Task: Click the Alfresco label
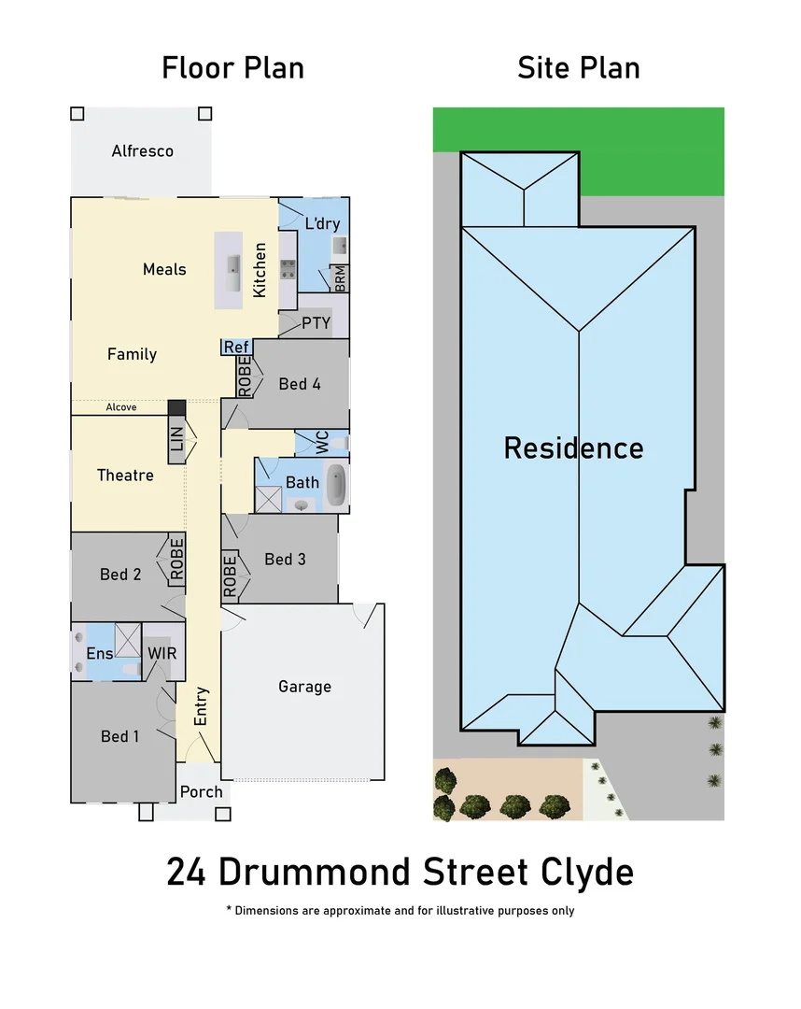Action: point(142,151)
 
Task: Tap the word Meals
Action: point(164,269)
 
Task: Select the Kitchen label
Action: point(260,270)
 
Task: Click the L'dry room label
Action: point(322,223)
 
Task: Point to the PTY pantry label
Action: point(316,323)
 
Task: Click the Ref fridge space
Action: point(236,348)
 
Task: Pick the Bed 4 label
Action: point(300,384)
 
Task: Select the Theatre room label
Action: point(125,476)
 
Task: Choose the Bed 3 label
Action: point(285,559)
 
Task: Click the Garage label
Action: point(304,687)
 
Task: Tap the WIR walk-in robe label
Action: point(162,653)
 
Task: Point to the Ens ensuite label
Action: point(100,653)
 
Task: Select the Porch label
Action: point(202,792)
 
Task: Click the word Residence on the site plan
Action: point(573,448)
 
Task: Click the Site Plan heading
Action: point(578,68)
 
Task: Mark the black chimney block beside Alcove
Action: point(176,408)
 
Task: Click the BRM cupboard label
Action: point(340,277)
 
